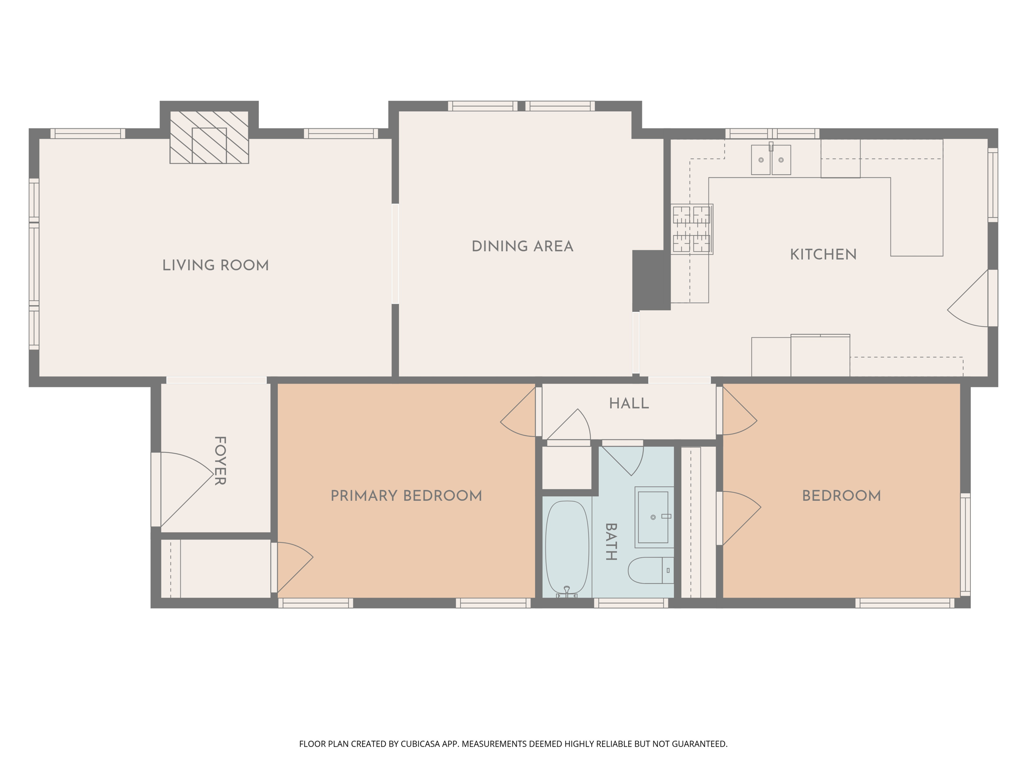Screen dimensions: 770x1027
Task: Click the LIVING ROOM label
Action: click(x=216, y=266)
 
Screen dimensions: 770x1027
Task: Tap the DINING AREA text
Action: click(x=522, y=247)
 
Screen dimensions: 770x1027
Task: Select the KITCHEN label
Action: click(x=823, y=255)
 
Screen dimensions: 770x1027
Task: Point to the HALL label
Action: click(x=629, y=404)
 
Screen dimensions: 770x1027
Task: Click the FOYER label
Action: click(x=220, y=461)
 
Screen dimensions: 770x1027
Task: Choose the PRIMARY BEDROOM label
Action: click(x=406, y=496)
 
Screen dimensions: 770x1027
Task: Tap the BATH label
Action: click(x=611, y=541)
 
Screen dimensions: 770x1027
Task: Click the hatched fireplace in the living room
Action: click(x=209, y=137)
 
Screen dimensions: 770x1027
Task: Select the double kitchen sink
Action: click(x=771, y=160)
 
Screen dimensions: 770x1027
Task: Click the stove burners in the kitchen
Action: click(x=692, y=229)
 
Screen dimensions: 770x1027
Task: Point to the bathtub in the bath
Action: click(x=567, y=547)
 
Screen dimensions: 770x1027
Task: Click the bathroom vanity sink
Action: click(x=653, y=517)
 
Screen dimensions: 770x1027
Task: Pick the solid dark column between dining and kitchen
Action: click(x=651, y=280)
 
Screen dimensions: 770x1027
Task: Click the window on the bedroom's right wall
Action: click(x=965, y=544)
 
